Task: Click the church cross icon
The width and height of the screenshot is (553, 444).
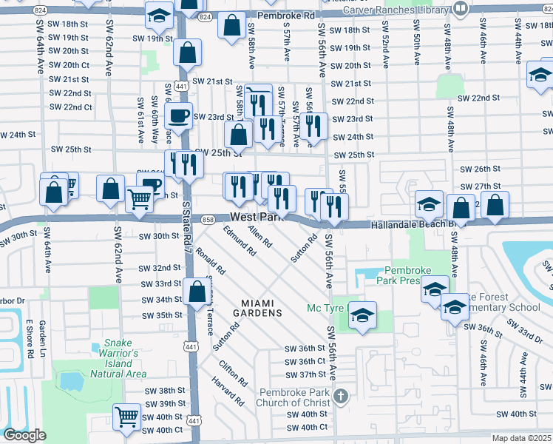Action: tap(340, 396)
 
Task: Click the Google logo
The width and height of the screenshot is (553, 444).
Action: tap(24, 434)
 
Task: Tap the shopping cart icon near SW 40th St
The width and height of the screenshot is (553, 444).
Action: tap(126, 416)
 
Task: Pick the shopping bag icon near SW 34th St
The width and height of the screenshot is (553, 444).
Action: tap(197, 292)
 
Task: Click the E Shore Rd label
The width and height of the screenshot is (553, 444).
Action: tap(30, 339)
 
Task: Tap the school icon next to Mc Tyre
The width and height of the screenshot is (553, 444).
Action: tap(362, 315)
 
